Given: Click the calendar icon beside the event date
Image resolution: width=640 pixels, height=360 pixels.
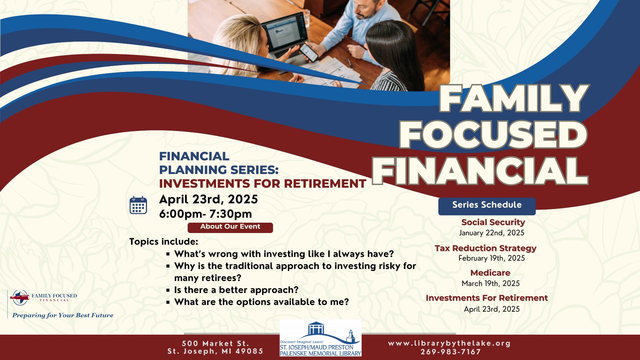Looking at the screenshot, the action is [x=138, y=205].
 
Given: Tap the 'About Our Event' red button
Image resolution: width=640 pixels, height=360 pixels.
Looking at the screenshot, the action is [x=230, y=228].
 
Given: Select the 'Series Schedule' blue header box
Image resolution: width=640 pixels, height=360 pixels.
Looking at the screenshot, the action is [x=487, y=206].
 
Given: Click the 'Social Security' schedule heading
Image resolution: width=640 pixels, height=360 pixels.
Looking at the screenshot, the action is [x=493, y=222].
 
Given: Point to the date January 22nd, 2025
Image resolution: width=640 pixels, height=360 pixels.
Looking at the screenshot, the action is [x=492, y=233].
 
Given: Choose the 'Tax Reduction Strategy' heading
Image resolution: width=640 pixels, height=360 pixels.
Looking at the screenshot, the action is [x=485, y=248].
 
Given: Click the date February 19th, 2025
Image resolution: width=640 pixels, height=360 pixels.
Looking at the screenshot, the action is [x=492, y=258].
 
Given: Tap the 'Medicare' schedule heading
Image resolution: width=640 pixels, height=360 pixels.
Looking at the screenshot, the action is [x=490, y=273].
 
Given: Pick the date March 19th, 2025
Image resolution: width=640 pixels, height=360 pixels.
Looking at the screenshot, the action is [x=491, y=283].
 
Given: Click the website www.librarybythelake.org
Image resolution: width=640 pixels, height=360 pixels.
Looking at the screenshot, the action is [x=449, y=343].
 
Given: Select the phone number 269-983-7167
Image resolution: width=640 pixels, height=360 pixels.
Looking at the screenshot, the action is [x=451, y=352].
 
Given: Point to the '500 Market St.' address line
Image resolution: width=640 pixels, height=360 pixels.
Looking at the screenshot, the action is [x=215, y=343].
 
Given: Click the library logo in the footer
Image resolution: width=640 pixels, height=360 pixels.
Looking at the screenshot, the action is [x=321, y=338].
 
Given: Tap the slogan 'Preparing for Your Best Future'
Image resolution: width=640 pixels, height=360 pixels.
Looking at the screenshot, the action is [x=63, y=315].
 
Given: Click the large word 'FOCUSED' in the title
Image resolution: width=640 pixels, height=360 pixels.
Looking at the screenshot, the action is [x=493, y=135].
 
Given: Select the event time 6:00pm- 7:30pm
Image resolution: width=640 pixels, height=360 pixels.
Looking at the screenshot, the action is [x=206, y=214].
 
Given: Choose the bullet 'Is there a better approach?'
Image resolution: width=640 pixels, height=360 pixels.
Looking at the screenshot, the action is [x=236, y=290].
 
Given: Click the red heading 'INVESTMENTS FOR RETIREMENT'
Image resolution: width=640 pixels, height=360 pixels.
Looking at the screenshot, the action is [x=263, y=184].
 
